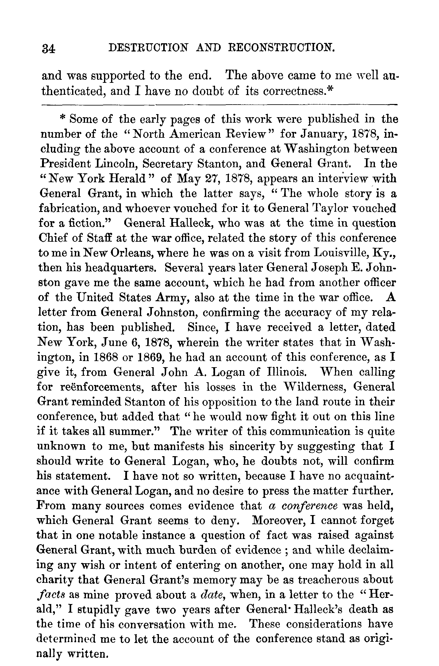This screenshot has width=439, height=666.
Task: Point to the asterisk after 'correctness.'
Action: point(330,90)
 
